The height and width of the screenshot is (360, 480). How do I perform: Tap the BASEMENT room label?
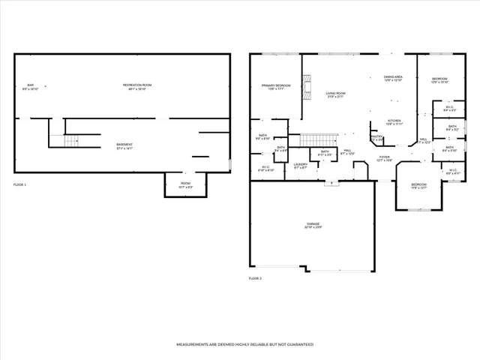[x=124, y=145]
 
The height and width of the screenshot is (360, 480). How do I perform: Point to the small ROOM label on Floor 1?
[x=185, y=184]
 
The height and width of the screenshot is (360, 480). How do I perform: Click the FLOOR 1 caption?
[x=20, y=184]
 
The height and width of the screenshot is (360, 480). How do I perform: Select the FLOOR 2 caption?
[x=256, y=278]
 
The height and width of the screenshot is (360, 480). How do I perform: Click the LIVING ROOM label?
[x=335, y=94]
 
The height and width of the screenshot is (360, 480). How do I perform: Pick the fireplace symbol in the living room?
[x=306, y=85]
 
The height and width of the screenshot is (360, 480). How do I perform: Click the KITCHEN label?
[x=394, y=121]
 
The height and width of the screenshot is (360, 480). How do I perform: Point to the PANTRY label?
[x=376, y=137]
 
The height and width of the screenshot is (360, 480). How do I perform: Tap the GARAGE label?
[x=312, y=225]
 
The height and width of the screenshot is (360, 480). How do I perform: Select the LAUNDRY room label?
[x=301, y=165]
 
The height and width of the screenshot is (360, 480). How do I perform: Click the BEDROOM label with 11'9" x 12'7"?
[x=418, y=185]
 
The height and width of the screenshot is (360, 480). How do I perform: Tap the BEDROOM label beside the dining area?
[x=439, y=80]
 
